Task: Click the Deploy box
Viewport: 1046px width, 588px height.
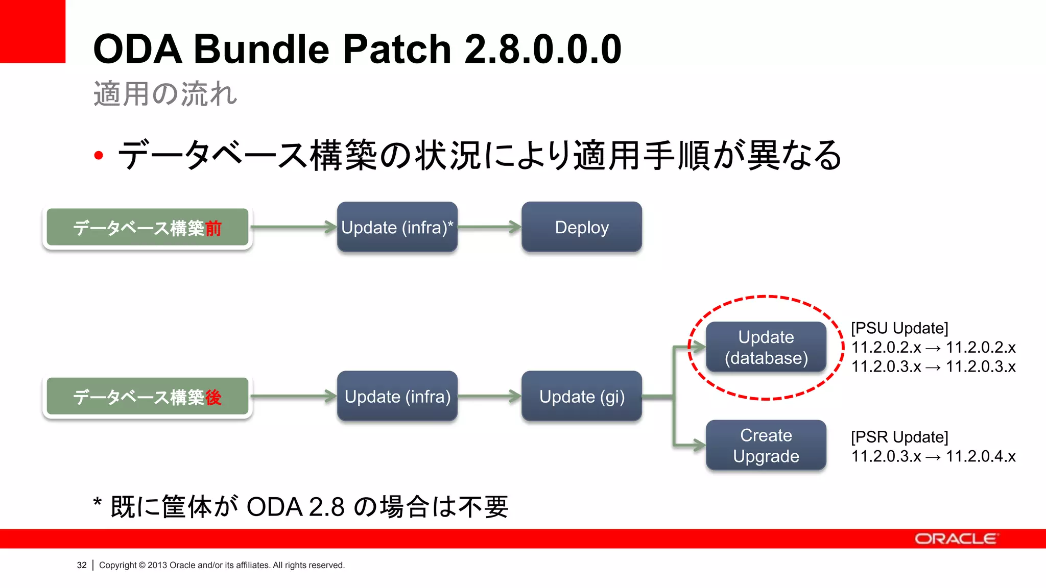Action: coord(581,227)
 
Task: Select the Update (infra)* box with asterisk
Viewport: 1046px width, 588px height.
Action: coord(397,227)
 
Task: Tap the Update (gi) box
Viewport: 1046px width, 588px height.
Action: coord(581,397)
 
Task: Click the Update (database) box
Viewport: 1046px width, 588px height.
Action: coord(766,347)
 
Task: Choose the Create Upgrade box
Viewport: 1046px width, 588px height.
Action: coord(766,446)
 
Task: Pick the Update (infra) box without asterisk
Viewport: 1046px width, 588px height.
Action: coord(397,397)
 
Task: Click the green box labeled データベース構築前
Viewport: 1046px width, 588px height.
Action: coord(147,228)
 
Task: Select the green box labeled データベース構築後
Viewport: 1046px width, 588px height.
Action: coord(147,397)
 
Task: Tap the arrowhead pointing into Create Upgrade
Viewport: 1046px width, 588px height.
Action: coord(698,445)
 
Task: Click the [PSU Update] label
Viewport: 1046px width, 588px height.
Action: coord(899,328)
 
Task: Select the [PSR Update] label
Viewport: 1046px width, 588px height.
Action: coord(899,437)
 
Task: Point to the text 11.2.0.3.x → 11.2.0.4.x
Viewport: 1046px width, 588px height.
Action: coord(933,456)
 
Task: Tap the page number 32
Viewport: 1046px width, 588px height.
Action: coord(82,565)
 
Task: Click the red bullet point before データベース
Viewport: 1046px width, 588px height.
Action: coord(99,156)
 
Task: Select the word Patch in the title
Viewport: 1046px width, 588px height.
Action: coord(397,49)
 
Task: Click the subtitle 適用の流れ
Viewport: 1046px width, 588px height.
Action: coord(165,94)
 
